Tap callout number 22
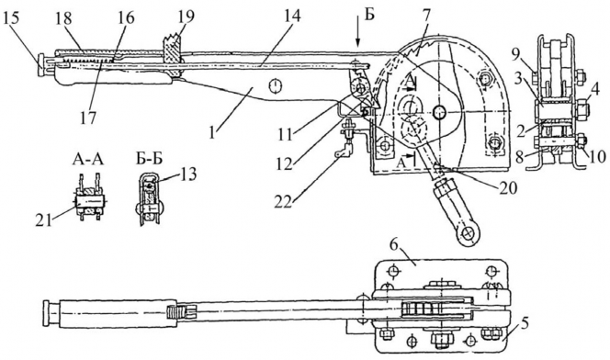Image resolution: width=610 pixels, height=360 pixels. (x=283, y=202)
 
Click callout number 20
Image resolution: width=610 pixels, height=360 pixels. (x=507, y=187)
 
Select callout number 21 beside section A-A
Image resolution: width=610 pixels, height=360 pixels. (x=43, y=220)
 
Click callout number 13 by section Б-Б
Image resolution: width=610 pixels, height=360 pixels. (x=187, y=174)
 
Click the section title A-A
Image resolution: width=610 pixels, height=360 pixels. (x=88, y=159)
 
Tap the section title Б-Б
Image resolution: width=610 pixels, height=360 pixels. (x=149, y=159)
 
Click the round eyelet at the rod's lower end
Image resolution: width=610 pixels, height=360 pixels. (x=466, y=233)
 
